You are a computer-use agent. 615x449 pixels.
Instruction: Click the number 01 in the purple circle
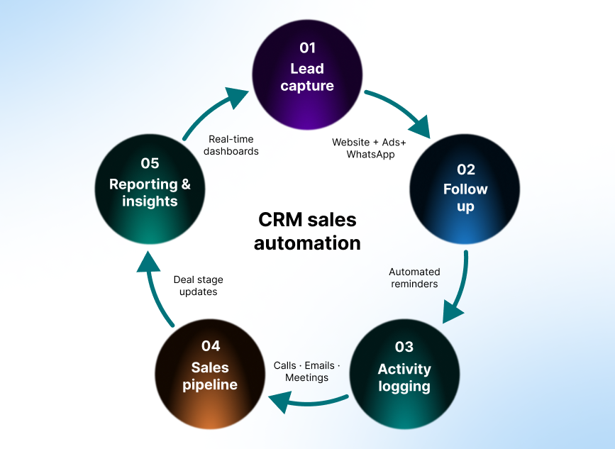click(307, 48)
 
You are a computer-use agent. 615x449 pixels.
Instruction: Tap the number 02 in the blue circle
click(465, 170)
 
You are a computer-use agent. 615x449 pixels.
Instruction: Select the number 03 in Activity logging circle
click(404, 347)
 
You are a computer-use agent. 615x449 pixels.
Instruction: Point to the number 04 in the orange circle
click(211, 346)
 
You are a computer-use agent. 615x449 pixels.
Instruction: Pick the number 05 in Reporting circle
click(150, 164)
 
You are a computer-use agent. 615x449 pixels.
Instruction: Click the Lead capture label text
click(307, 77)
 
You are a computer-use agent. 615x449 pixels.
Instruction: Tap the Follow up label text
click(465, 198)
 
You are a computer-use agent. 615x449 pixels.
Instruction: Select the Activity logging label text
click(404, 377)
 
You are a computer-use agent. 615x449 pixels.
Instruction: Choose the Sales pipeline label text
click(210, 376)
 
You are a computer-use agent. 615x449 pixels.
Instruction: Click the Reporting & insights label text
click(150, 192)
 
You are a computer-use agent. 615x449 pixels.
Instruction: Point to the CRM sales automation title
click(307, 231)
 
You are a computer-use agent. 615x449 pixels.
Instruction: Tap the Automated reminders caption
click(414, 277)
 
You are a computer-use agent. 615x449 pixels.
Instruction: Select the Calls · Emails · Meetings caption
click(306, 372)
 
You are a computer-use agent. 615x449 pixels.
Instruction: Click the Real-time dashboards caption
click(231, 145)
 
